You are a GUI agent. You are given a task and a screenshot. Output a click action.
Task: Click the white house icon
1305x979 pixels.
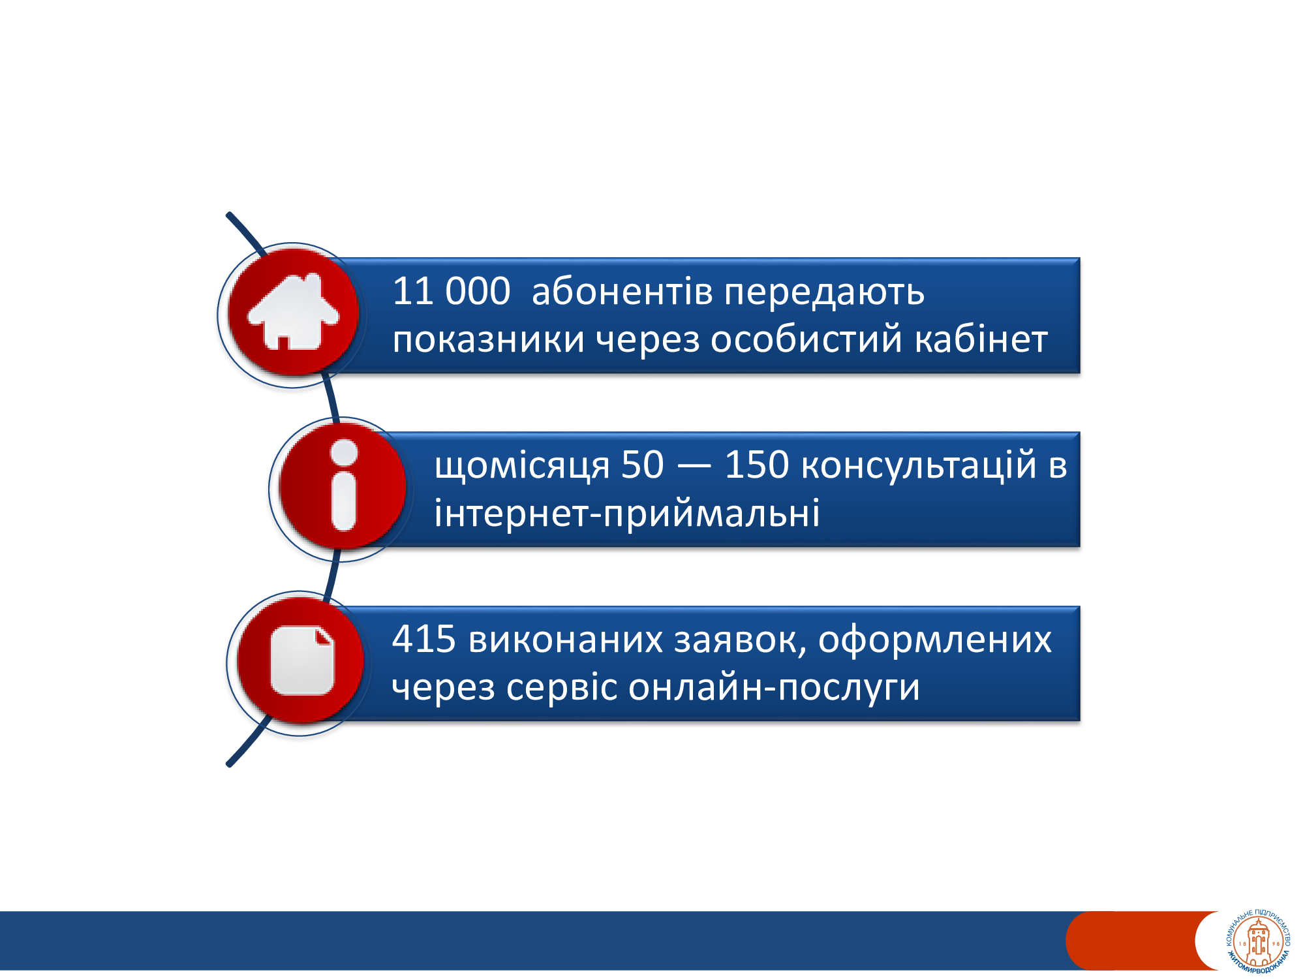click(294, 312)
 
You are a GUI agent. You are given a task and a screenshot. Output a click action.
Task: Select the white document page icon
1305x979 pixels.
click(302, 660)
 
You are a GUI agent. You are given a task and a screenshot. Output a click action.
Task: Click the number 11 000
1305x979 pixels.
click(452, 291)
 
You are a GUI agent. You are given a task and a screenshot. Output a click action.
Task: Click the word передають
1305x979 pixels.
click(825, 292)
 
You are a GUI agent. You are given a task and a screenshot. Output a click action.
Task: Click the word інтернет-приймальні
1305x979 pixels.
click(627, 514)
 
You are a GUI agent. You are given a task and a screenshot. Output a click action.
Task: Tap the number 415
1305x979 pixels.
click(424, 639)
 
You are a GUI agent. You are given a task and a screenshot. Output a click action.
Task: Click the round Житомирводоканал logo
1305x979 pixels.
click(1258, 940)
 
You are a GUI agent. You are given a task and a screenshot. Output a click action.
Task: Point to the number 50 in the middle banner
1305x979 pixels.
click(643, 465)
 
